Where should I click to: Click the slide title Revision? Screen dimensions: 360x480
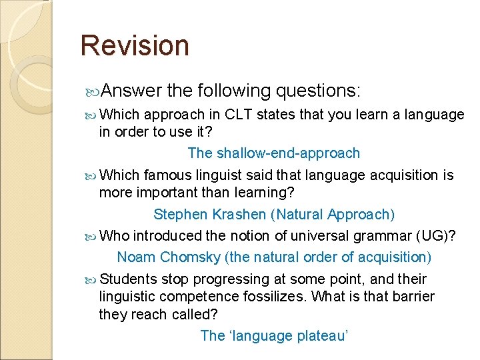[x=135, y=45]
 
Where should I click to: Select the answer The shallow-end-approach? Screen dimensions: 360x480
[x=273, y=153]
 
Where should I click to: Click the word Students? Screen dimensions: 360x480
[x=128, y=279]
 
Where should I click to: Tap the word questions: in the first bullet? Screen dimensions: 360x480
[x=317, y=90]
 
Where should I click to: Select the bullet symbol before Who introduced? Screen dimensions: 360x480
[x=92, y=237]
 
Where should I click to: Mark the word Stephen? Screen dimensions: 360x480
[x=177, y=215]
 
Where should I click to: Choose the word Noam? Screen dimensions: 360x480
[x=134, y=257]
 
